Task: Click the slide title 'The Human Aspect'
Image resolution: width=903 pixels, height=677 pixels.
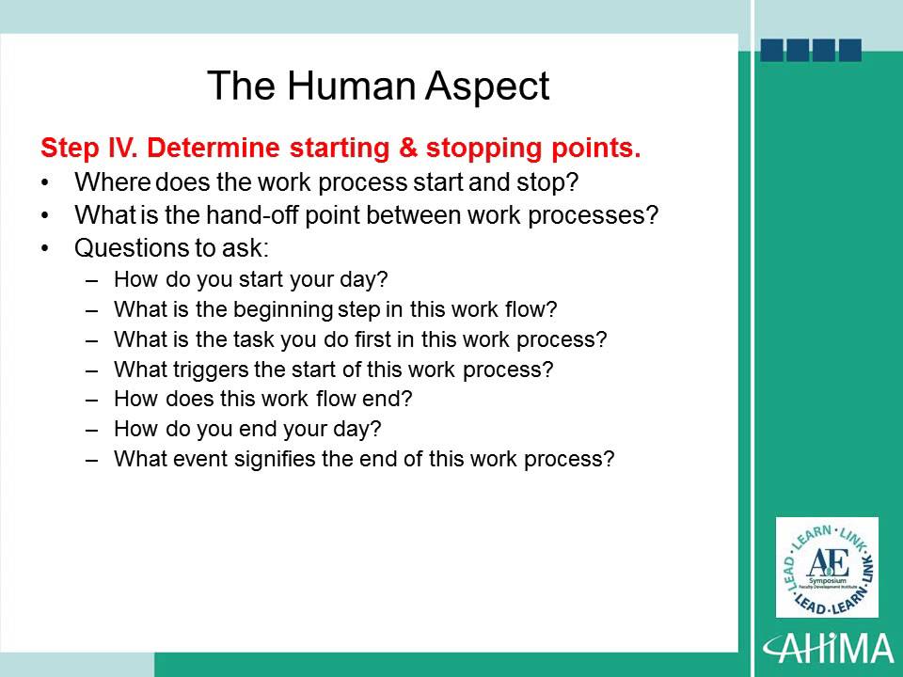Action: (377, 87)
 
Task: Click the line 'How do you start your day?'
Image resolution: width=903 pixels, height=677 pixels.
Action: (250, 279)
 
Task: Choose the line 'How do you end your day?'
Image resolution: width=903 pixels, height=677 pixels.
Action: (246, 430)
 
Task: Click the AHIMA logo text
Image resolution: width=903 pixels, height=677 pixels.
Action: (829, 649)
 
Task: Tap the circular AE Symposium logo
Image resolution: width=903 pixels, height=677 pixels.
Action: (828, 567)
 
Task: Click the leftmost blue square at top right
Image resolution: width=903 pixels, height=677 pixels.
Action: (772, 51)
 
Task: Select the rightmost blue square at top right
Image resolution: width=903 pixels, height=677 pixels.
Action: (849, 51)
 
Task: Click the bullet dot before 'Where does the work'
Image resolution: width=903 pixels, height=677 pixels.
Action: (45, 181)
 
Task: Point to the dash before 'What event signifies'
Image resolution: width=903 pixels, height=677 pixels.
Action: (91, 460)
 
